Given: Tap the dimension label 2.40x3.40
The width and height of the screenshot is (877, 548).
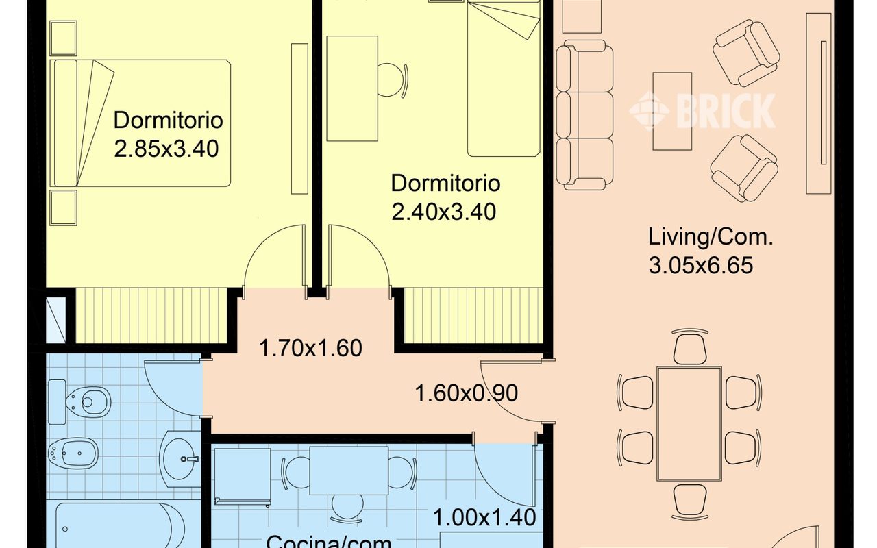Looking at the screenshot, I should click(x=444, y=212).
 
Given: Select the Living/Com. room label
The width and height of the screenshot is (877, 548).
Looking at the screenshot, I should click(x=711, y=238).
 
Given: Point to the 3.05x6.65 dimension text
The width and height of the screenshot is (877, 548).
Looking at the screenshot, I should click(x=701, y=264).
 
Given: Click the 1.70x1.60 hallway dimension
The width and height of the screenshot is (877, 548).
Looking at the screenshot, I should click(x=310, y=348).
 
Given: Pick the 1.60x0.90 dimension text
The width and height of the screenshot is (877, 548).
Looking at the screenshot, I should click(x=467, y=393).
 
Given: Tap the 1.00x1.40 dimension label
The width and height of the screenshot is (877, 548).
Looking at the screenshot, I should click(x=484, y=517).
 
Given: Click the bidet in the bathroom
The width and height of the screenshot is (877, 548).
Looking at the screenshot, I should click(x=75, y=452).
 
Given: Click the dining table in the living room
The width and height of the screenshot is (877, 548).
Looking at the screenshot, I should click(x=689, y=423).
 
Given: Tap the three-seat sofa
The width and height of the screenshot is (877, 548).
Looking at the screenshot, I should click(x=584, y=115).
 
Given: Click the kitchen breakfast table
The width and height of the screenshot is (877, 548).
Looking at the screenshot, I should click(x=349, y=470).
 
